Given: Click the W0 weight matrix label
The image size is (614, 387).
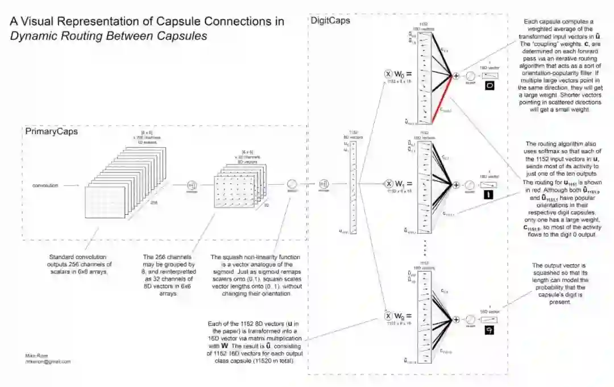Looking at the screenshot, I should [401, 74].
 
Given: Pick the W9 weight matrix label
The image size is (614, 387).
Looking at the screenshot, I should [401, 316].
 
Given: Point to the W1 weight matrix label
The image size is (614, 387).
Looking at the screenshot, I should [401, 183].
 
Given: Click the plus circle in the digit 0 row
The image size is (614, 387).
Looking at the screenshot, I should [455, 76].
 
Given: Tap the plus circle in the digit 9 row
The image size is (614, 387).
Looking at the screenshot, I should [455, 320].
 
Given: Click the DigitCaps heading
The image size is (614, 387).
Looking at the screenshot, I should [330, 20].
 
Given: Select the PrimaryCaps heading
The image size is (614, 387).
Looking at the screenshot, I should [52, 131].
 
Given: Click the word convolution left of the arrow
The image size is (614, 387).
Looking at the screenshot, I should [45, 186].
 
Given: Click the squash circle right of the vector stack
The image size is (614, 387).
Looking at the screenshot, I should [292, 184].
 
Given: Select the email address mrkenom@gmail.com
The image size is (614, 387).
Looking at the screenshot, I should [48, 361].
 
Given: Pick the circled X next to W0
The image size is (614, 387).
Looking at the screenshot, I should [389, 74].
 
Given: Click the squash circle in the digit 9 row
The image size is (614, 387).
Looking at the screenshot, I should [470, 320].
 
